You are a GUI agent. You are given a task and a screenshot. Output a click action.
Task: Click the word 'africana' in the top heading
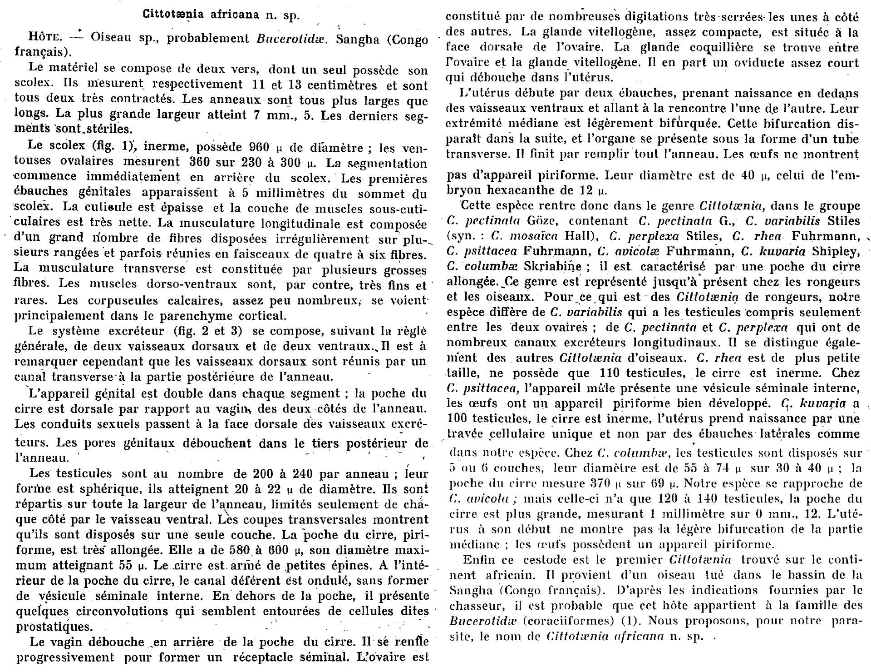229,15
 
